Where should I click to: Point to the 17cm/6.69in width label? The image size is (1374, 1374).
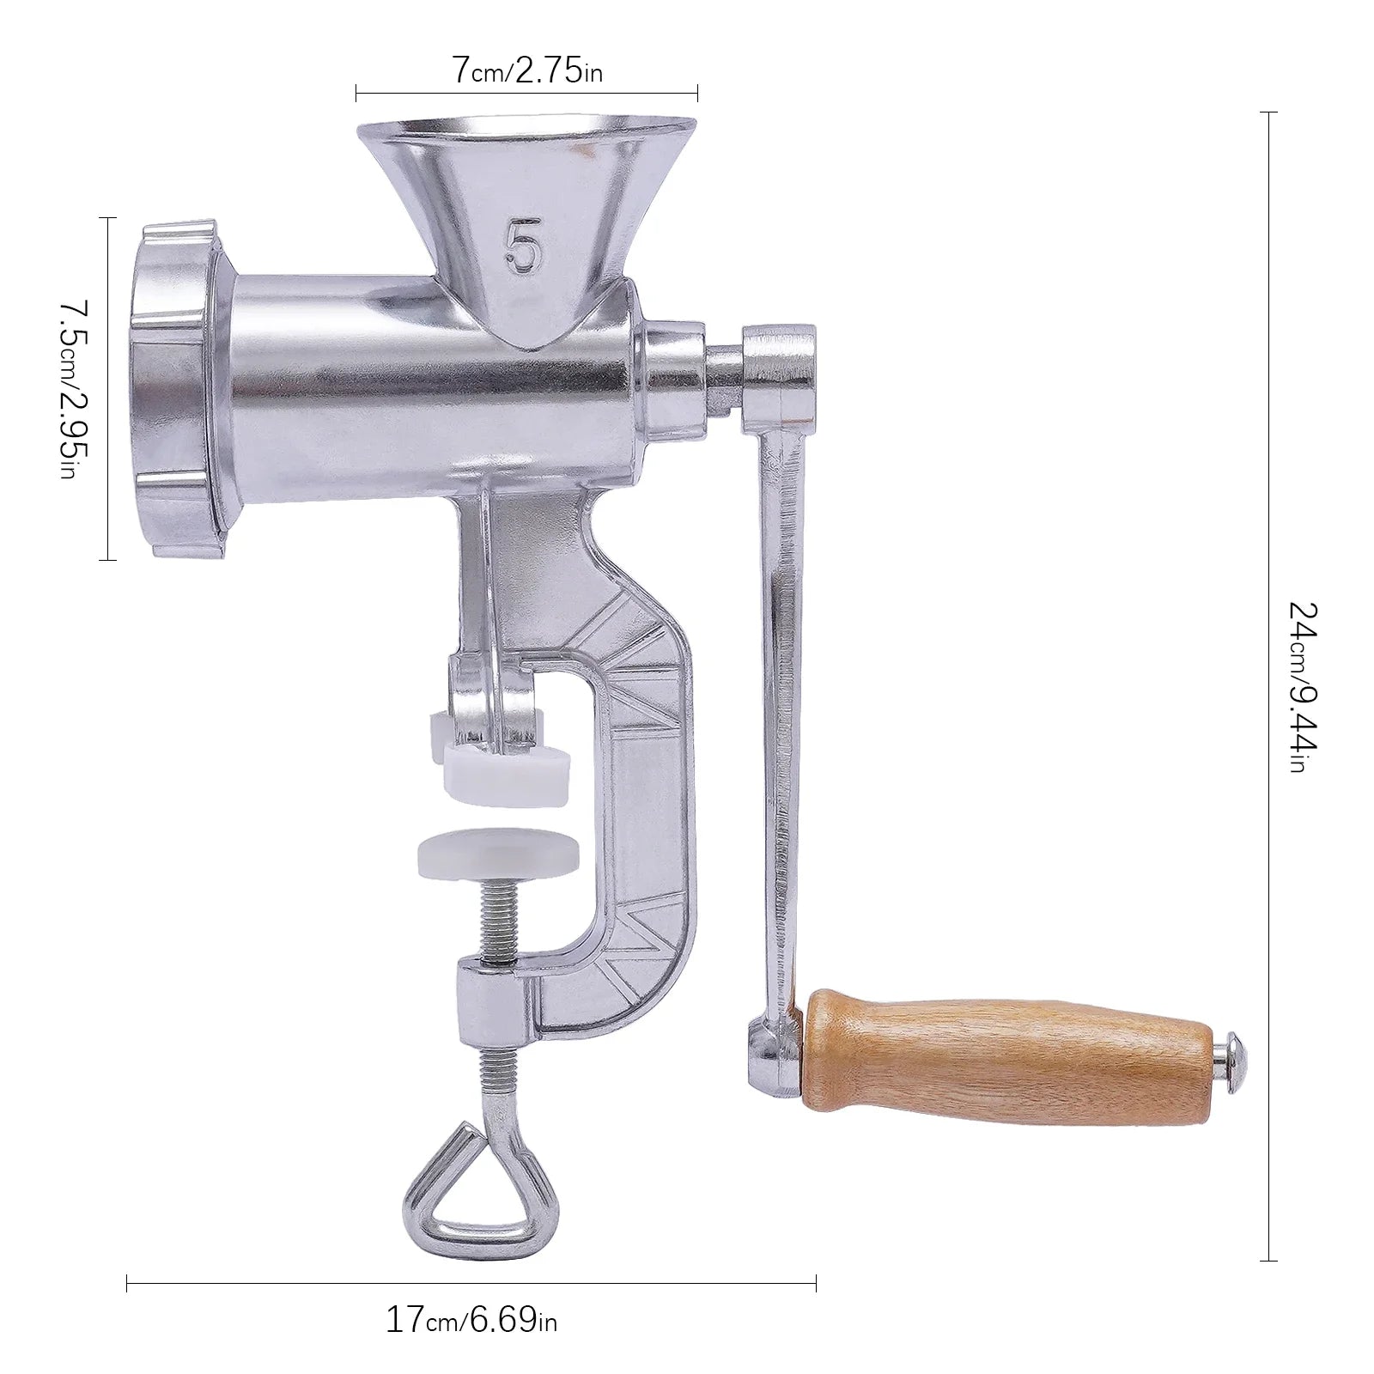[471, 1317]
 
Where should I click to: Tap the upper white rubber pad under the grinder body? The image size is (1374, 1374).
[506, 771]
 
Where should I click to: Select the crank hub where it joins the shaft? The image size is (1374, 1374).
[778, 365]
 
